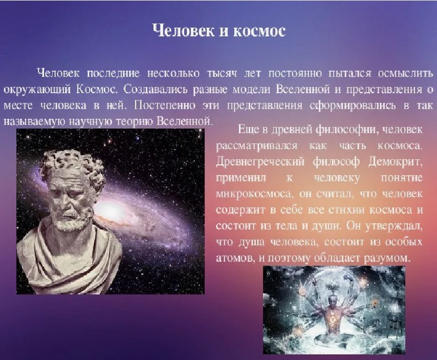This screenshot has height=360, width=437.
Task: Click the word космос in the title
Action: click(259, 31)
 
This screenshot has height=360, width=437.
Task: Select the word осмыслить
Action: click(405, 73)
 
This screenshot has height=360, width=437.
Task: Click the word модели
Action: click(251, 90)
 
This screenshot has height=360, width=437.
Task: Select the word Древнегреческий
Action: click(260, 162)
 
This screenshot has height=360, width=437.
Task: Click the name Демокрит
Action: click(395, 162)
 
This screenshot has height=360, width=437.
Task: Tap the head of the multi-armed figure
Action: click(332, 301)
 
